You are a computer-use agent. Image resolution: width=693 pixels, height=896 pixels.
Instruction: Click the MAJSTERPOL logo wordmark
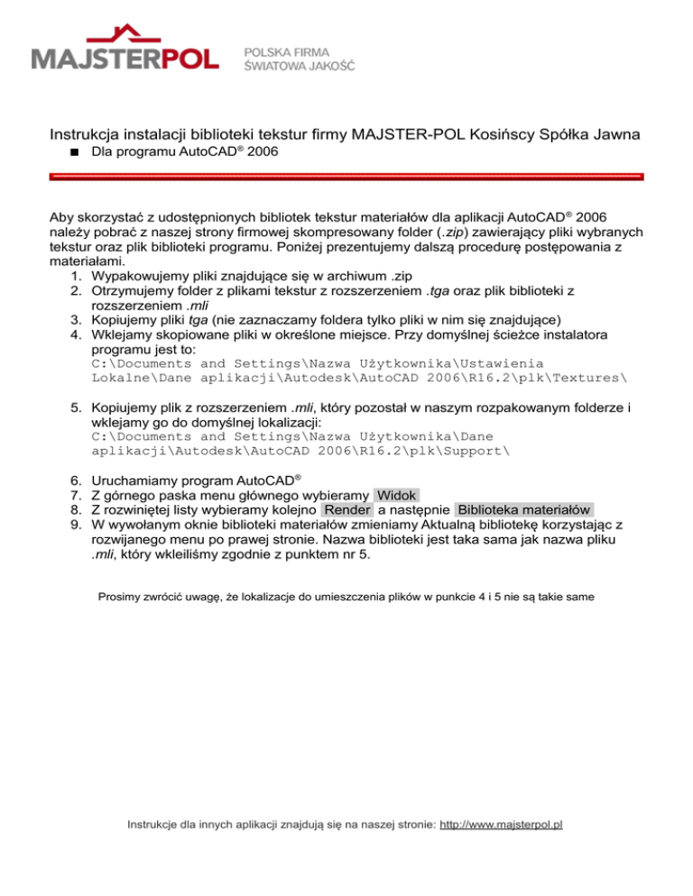[125, 59]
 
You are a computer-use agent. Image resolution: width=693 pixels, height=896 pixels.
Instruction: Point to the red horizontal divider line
[346, 178]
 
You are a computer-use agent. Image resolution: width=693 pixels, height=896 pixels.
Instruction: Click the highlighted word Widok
[396, 495]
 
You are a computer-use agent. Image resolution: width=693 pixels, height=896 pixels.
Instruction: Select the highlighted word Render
[346, 510]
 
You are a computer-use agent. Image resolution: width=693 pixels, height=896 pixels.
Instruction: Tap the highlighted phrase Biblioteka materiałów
[524, 510]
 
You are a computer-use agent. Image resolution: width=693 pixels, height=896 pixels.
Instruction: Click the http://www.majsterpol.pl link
[501, 850]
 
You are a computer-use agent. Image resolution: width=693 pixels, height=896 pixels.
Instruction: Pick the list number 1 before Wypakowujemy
[76, 275]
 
